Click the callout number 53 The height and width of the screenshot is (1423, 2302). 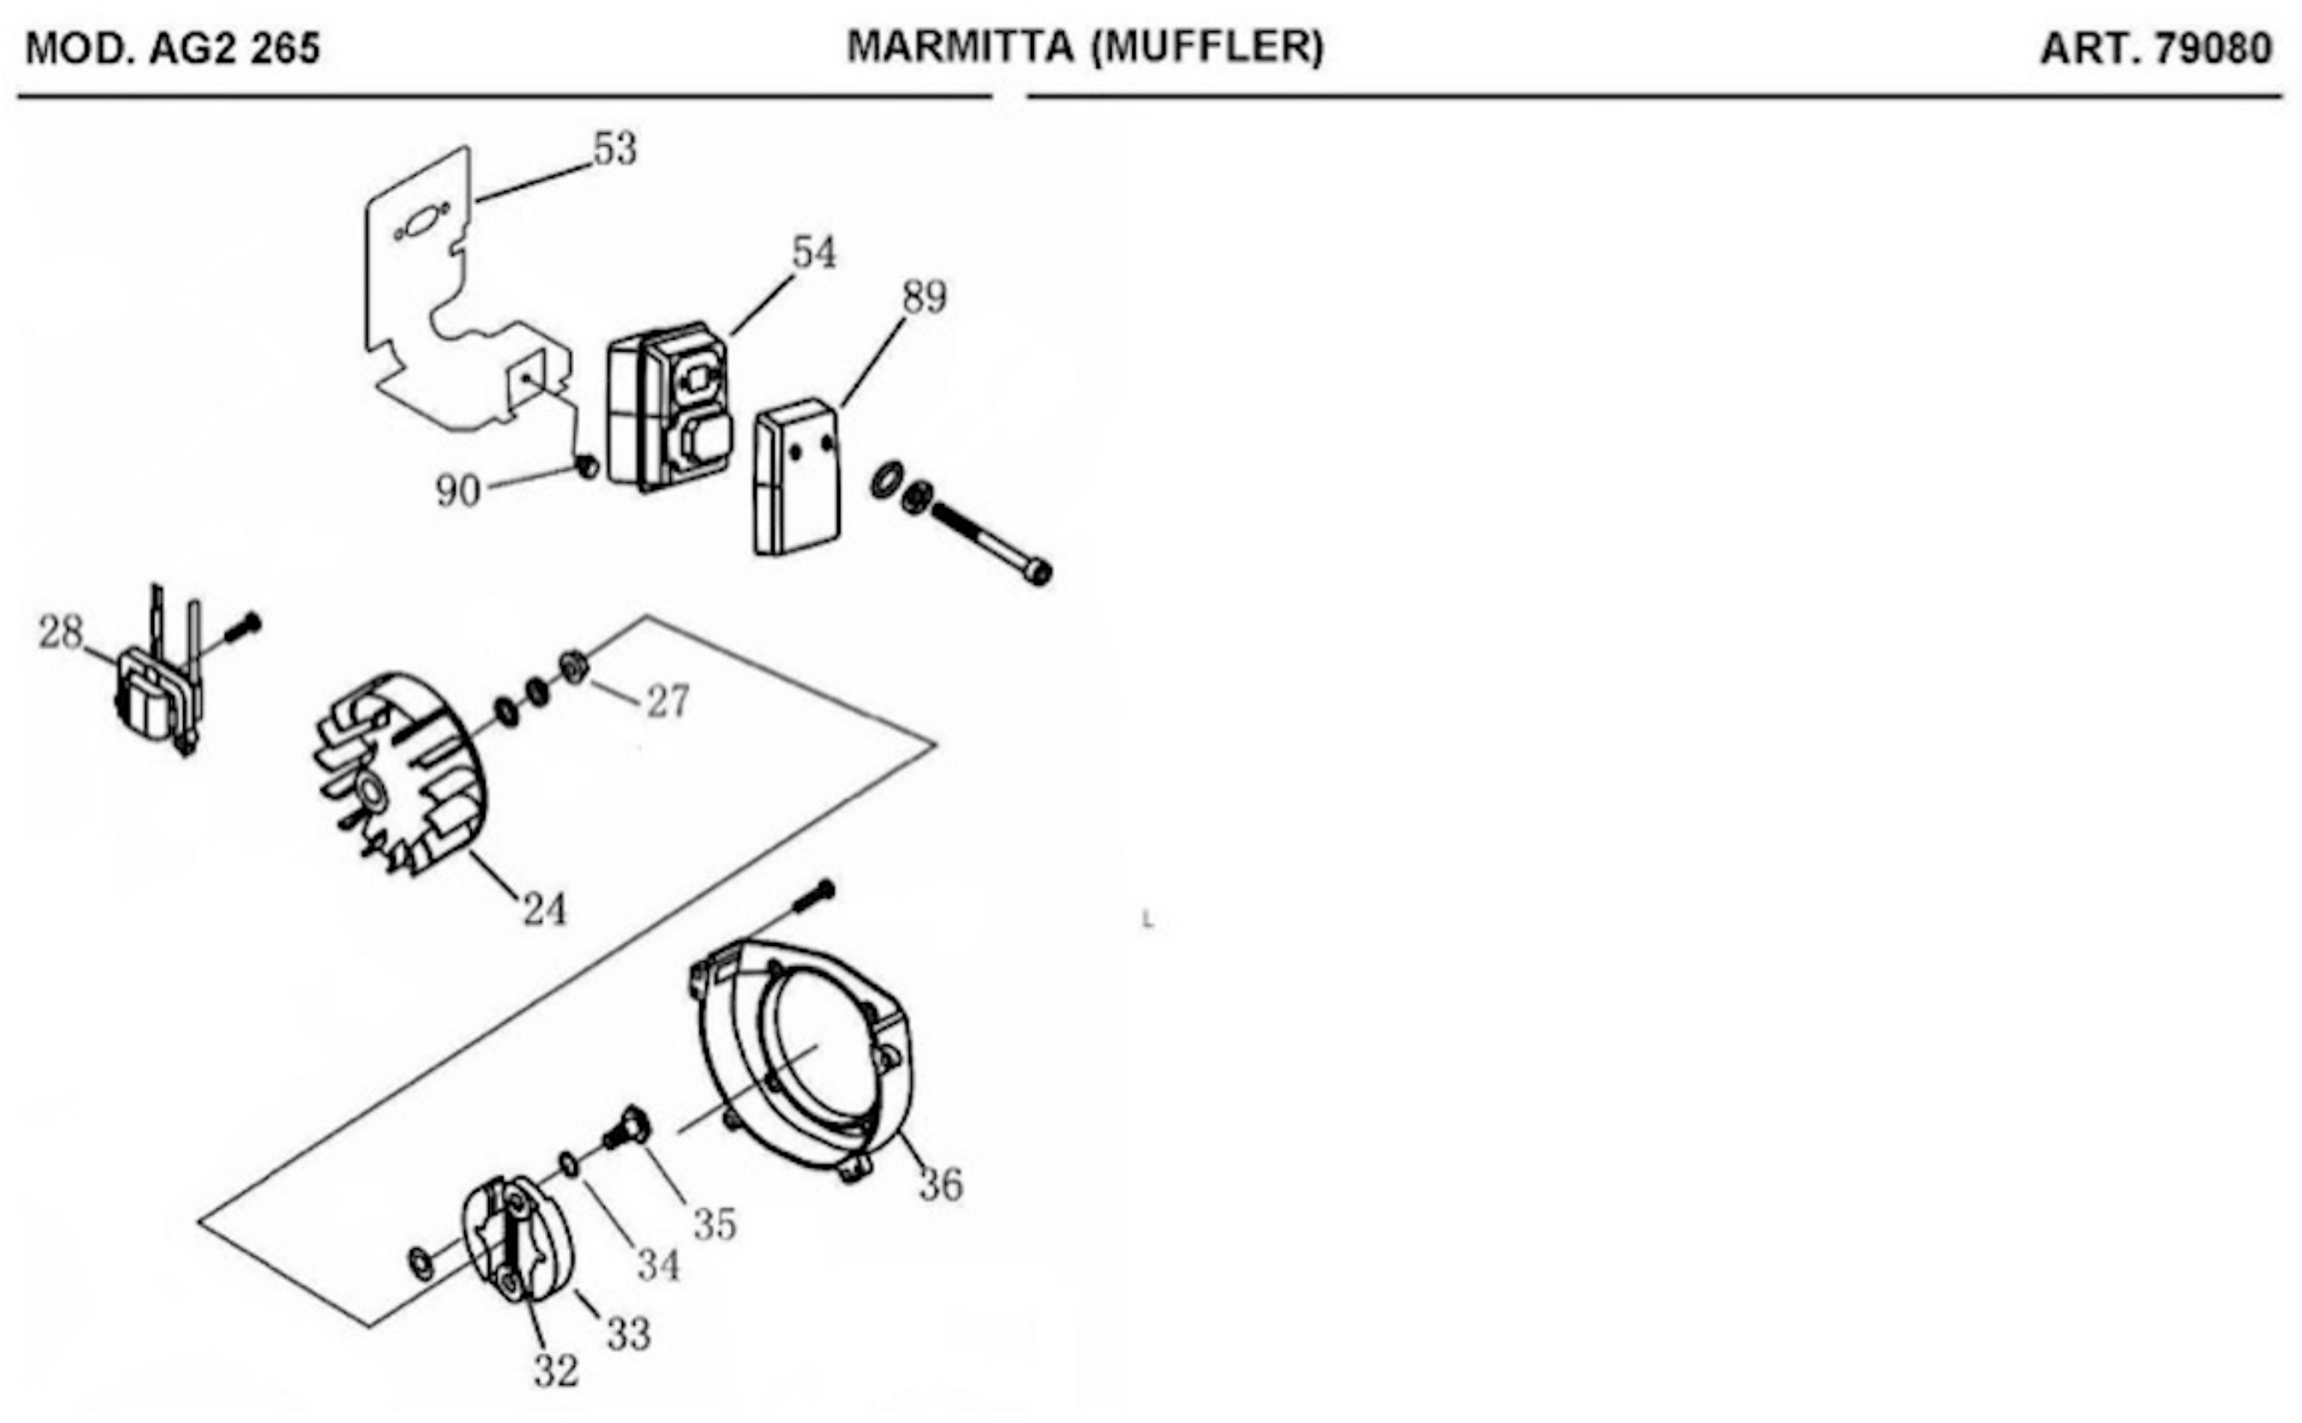[x=615, y=150]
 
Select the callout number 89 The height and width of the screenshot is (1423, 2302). [x=924, y=298]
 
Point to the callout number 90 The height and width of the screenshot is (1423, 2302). [x=458, y=491]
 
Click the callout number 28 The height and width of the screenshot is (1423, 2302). [x=61, y=633]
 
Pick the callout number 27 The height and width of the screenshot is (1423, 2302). [x=667, y=702]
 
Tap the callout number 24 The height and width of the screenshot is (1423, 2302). [x=545, y=910]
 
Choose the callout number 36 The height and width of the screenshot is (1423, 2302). [x=941, y=1185]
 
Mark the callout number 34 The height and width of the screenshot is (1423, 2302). [x=659, y=1266]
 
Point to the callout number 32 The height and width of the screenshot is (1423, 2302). [x=556, y=1372]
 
